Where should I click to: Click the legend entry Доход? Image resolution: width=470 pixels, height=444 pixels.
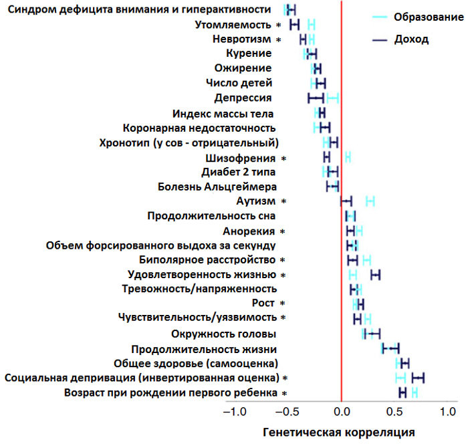pyautogui.click(x=412, y=39)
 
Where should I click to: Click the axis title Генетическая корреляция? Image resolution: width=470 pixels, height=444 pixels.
pyautogui.click(x=339, y=432)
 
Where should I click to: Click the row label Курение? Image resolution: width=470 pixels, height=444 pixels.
pyautogui.click(x=249, y=53)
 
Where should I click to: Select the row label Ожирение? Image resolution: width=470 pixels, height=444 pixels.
pyautogui.click(x=243, y=68)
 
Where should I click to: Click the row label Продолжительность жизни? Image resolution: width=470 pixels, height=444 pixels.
pyautogui.click(x=204, y=349)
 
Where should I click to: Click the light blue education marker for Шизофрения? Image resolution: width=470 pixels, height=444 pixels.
pyautogui.click(x=348, y=157)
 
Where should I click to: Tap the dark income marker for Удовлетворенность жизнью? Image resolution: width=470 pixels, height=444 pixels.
pyautogui.click(x=375, y=275)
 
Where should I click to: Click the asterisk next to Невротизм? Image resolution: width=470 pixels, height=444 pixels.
pyautogui.click(x=279, y=39)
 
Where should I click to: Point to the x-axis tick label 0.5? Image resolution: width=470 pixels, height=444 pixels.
pyautogui.click(x=394, y=411)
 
